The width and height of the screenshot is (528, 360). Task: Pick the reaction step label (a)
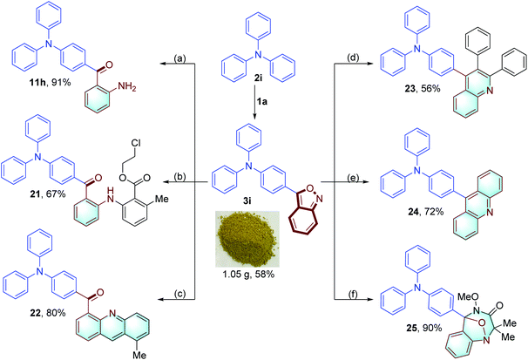pyautogui.click(x=174, y=58)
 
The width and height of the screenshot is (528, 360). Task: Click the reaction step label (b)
pyautogui.click(x=174, y=175)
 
